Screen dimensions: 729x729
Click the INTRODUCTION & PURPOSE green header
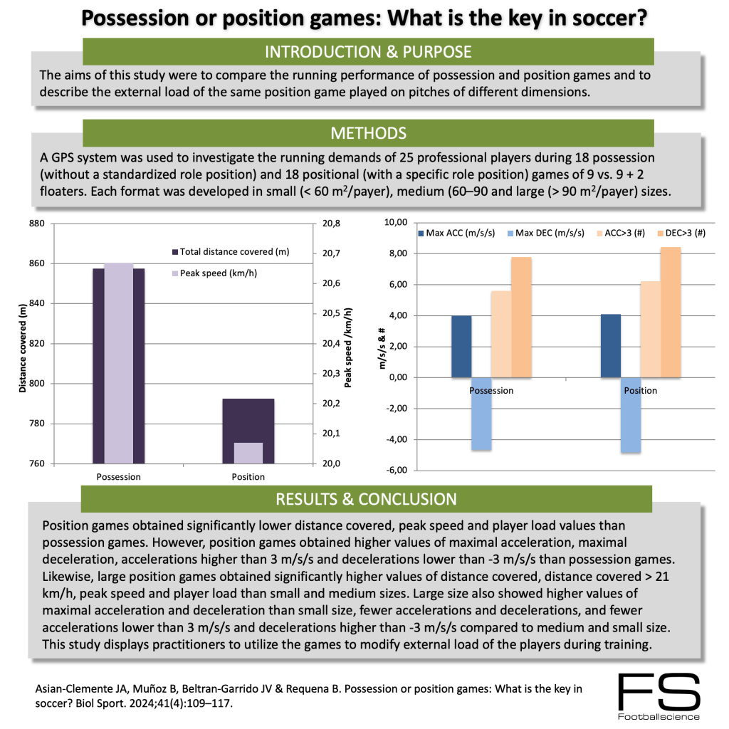pos(368,52)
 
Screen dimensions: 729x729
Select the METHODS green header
pos(368,133)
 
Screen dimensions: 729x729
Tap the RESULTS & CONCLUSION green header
pos(367,499)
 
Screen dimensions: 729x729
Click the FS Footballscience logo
pos(659,697)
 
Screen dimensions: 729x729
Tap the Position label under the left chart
pos(248,477)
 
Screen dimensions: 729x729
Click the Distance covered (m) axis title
pos(23,344)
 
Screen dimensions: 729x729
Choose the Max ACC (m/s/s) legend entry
pos(456,233)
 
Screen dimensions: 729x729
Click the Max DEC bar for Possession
pos(481,414)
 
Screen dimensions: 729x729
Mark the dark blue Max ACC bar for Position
pos(611,346)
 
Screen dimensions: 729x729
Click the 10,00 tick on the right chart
pos(396,223)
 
